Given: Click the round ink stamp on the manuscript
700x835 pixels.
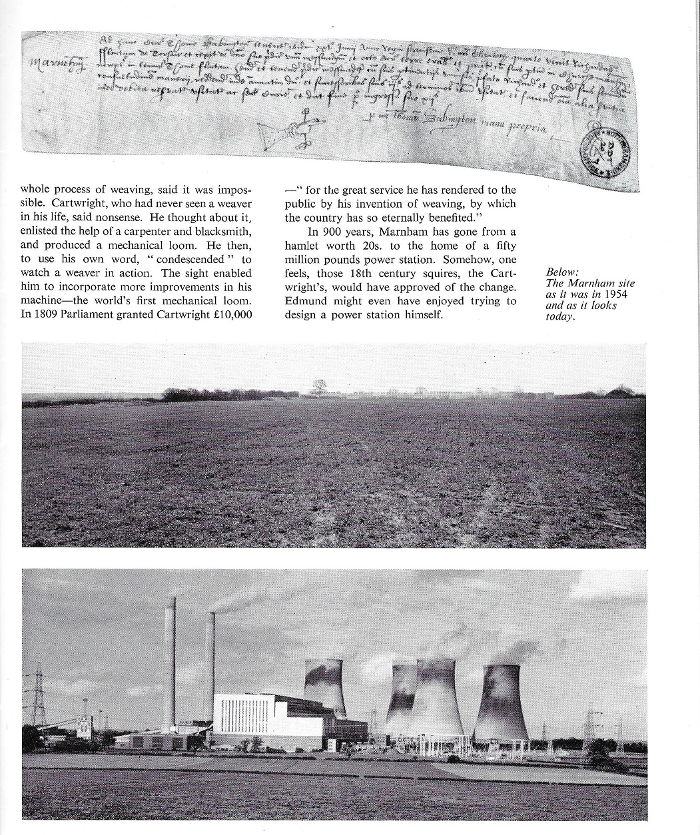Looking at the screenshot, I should coord(603,152).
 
